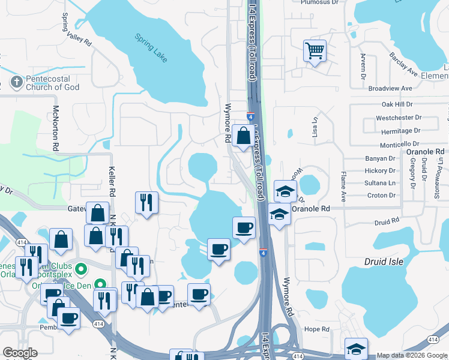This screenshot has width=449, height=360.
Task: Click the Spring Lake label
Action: pos(152,48)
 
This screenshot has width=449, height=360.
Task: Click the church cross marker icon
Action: pos(16,82)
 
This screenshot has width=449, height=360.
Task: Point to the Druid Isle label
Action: pos(385,262)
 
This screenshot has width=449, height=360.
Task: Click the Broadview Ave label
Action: pos(390,88)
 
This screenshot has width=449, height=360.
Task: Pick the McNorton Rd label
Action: pos(55,128)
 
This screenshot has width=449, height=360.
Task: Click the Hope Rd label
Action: pos(317,329)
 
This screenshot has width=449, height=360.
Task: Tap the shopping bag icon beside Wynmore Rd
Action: pos(244,136)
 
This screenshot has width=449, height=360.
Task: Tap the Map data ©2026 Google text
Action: pos(412,355)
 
